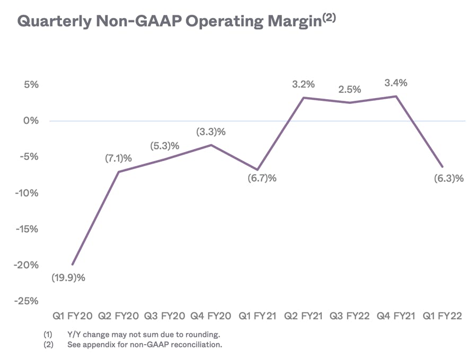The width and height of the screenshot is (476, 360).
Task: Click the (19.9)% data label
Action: click(x=68, y=277)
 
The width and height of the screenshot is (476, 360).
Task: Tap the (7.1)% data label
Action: click(x=118, y=158)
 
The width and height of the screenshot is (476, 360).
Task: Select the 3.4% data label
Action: click(x=396, y=83)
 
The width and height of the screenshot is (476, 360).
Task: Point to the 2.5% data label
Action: click(x=350, y=89)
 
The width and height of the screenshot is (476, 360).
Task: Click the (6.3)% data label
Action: click(x=448, y=178)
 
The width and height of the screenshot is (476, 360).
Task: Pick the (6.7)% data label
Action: click(x=262, y=178)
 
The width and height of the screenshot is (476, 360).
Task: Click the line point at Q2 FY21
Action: click(x=304, y=98)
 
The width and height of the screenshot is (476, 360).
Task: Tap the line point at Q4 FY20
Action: click(x=211, y=145)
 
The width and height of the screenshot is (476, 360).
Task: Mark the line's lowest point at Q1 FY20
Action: click(x=73, y=265)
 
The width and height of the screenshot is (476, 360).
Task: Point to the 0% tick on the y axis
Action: click(x=31, y=121)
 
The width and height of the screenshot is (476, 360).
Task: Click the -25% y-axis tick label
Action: click(x=27, y=301)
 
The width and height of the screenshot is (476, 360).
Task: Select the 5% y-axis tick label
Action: click(x=31, y=85)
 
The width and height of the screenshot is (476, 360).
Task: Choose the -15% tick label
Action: click(x=27, y=229)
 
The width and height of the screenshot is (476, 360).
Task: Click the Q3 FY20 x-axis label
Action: click(x=164, y=316)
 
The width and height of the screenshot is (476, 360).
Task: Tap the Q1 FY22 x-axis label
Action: click(x=442, y=316)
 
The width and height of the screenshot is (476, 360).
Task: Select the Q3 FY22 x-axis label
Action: click(x=350, y=316)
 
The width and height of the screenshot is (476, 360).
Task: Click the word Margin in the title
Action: click(x=295, y=22)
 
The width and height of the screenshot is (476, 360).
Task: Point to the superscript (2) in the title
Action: click(x=329, y=18)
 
